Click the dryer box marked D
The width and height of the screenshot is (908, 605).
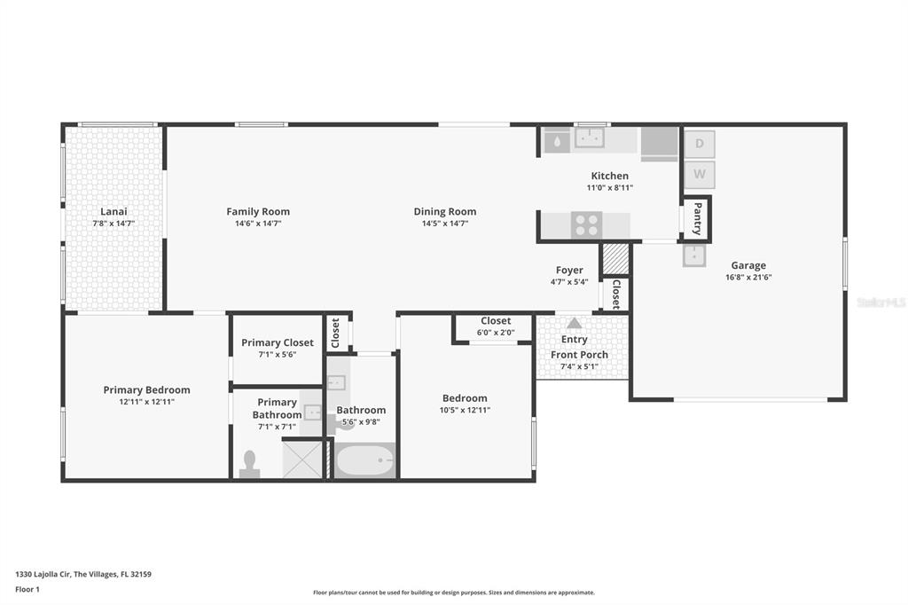700,144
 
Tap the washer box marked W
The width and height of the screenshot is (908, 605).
700,175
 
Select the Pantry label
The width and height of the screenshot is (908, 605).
697,218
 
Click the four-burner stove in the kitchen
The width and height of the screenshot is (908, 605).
587,224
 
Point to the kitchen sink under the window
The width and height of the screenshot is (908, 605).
590,137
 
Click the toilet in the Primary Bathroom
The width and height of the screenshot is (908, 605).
249,464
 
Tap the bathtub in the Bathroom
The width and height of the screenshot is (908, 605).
365,460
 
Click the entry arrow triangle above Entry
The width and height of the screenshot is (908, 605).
574,324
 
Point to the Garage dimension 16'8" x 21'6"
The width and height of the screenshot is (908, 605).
748,278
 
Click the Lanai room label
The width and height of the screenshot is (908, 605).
113,211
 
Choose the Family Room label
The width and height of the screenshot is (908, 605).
258,212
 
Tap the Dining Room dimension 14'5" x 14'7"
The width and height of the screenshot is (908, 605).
445,224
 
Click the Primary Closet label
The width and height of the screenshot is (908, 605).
278,343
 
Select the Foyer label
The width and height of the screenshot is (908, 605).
569,271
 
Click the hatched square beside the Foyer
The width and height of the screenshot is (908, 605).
615,258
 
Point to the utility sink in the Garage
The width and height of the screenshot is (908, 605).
694,255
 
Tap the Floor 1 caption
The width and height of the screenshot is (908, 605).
27,590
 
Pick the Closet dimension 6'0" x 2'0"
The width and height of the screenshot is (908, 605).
496,333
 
